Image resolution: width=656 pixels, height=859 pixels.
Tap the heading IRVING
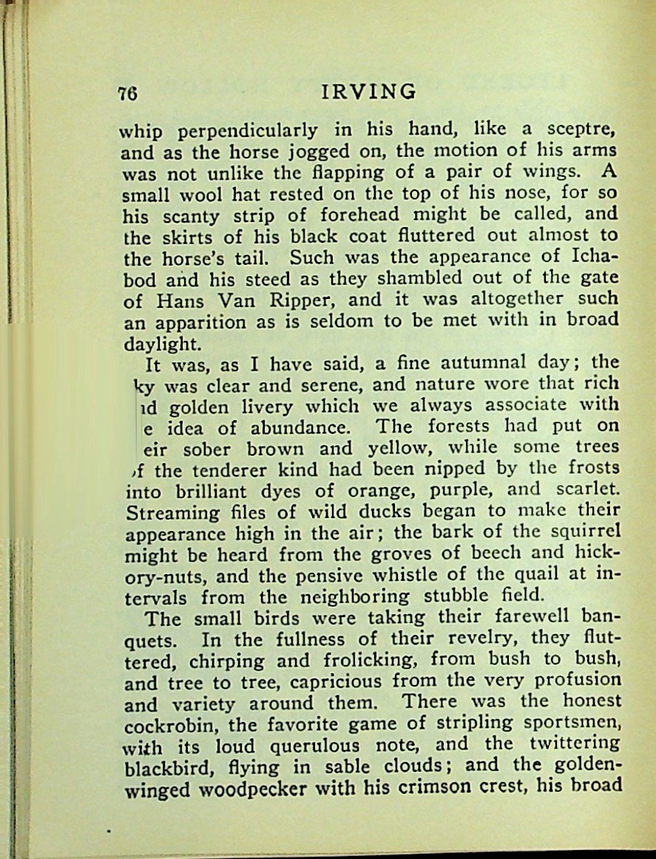pos(370,91)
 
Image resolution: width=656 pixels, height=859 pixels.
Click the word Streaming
pos(171,511)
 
